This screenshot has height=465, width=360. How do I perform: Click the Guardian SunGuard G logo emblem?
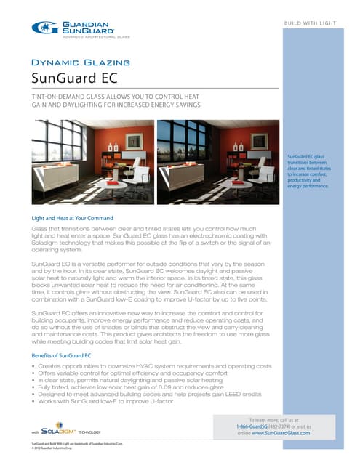point(41,27)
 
